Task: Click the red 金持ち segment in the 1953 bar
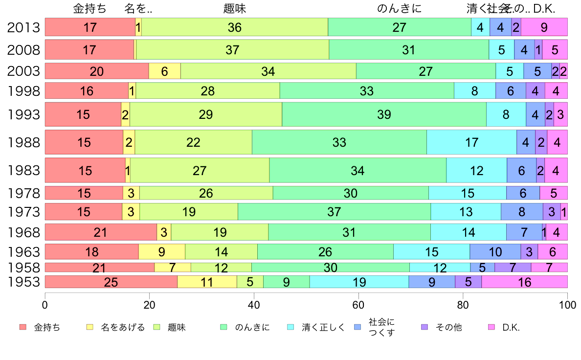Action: (x=111, y=282)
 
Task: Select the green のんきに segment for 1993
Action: (x=384, y=114)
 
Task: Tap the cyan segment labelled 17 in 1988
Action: (x=471, y=142)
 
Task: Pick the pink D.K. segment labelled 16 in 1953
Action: (x=524, y=282)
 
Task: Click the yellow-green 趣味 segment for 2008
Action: (x=232, y=49)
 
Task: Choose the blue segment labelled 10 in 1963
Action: (x=495, y=252)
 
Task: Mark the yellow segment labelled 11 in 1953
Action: (x=207, y=282)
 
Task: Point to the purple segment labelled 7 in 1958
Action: (x=513, y=268)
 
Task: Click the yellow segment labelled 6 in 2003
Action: (x=164, y=71)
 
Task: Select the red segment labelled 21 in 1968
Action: (x=101, y=232)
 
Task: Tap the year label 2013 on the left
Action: (x=23, y=27)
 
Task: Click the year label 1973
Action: (x=23, y=212)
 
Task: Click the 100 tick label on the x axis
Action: (x=567, y=305)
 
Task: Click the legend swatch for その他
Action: (x=424, y=327)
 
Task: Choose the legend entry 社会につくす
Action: (x=381, y=327)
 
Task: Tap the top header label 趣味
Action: (x=234, y=9)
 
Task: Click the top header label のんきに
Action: (x=399, y=9)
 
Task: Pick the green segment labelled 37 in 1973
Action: (x=334, y=212)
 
